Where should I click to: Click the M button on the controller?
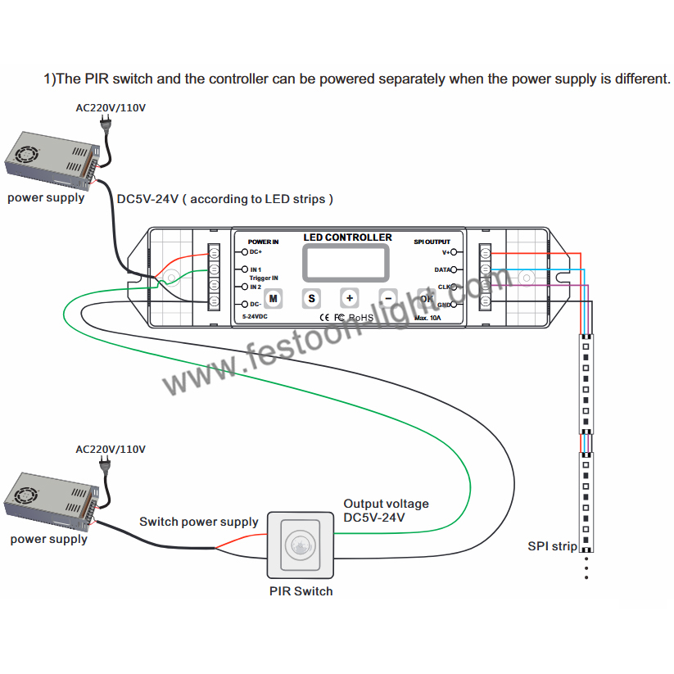[x=274, y=298]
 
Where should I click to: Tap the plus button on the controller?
[x=349, y=298]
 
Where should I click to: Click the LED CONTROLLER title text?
[x=347, y=237]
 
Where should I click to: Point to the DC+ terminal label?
[x=256, y=253]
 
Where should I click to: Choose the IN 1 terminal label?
[x=256, y=269]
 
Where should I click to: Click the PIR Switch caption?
[x=301, y=590]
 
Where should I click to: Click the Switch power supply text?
[x=198, y=522]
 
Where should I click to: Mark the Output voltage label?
[x=386, y=504]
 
